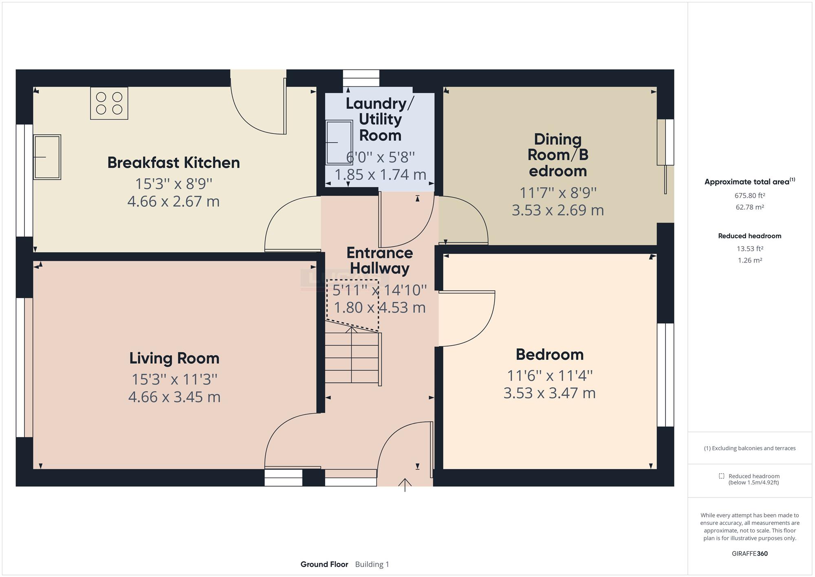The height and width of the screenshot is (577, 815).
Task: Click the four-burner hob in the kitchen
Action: point(109,103)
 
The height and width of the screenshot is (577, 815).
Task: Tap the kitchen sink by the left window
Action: point(47,157)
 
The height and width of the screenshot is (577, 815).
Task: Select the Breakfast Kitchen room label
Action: point(174,163)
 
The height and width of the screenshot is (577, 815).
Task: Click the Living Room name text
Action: point(174,358)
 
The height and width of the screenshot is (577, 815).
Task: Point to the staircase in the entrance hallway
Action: point(353,357)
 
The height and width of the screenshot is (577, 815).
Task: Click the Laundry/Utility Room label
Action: point(380,119)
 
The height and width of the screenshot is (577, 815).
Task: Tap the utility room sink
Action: point(339,142)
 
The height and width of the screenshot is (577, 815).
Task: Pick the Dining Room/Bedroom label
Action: point(558,155)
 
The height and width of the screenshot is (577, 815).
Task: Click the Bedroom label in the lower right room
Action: point(550,354)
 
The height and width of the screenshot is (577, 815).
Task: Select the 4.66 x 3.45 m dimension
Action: point(174,397)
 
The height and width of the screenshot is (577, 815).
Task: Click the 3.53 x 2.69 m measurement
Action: point(558,210)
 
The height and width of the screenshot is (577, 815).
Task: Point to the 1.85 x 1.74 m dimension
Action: point(380,175)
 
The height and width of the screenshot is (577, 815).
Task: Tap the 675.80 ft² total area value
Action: point(750,195)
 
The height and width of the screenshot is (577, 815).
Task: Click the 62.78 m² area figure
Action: point(750,207)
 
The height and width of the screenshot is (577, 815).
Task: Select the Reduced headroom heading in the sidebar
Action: point(750,236)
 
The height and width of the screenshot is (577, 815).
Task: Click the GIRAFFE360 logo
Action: point(750,554)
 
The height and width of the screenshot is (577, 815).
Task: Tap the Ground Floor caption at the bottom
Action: point(324,564)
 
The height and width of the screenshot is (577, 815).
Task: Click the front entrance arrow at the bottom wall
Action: point(405,485)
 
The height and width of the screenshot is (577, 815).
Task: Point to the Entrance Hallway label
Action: point(380,261)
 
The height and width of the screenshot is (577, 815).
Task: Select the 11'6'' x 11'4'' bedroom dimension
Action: point(550,375)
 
